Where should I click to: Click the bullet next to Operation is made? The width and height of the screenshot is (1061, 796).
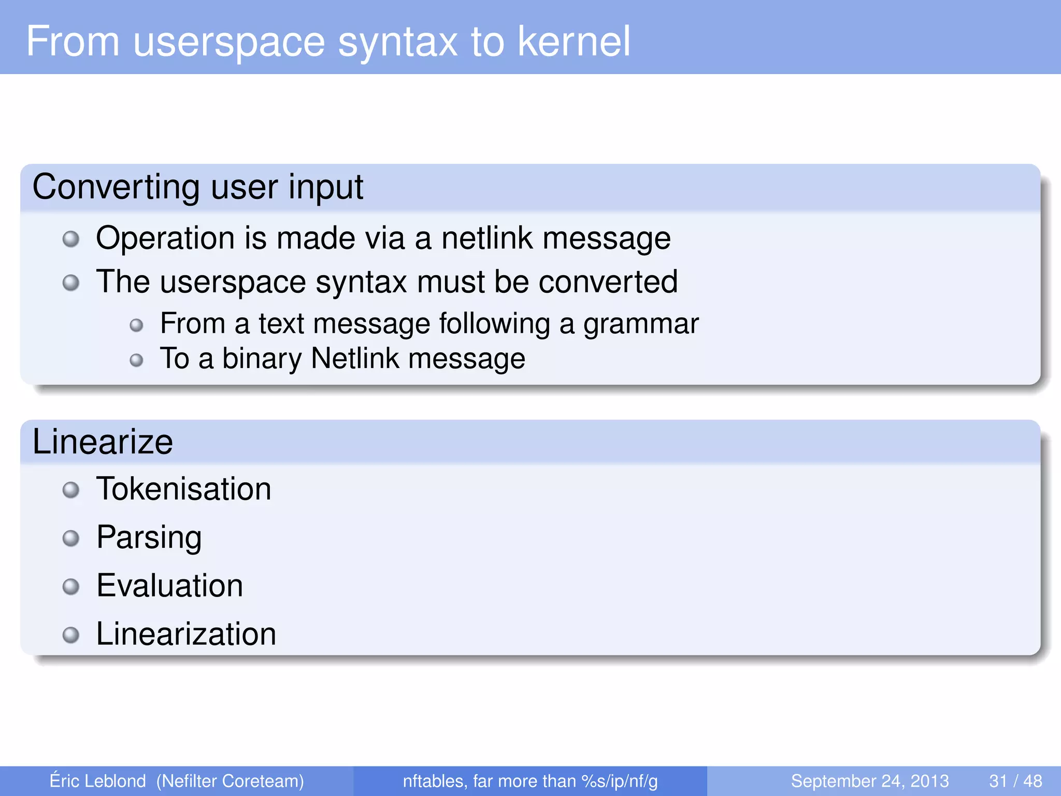[71, 239]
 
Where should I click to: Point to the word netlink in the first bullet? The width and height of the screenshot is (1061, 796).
[487, 238]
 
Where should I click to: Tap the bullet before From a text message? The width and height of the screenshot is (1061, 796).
[136, 325]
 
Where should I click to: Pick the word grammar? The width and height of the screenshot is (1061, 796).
[641, 324]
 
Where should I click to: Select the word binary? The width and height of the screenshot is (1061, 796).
[262, 359]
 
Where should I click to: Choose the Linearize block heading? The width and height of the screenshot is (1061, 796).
[103, 442]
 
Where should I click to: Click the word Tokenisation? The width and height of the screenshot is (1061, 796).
[184, 489]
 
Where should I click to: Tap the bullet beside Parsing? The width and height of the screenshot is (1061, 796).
[71, 538]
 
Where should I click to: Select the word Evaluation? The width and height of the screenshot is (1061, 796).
[170, 586]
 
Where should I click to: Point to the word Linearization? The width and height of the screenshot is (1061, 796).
[187, 634]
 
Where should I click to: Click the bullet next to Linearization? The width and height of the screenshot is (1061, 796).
[71, 635]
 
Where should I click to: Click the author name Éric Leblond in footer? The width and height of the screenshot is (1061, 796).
[98, 780]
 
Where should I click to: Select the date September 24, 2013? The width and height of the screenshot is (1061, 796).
[869, 781]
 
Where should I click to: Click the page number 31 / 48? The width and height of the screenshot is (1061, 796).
[1015, 781]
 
